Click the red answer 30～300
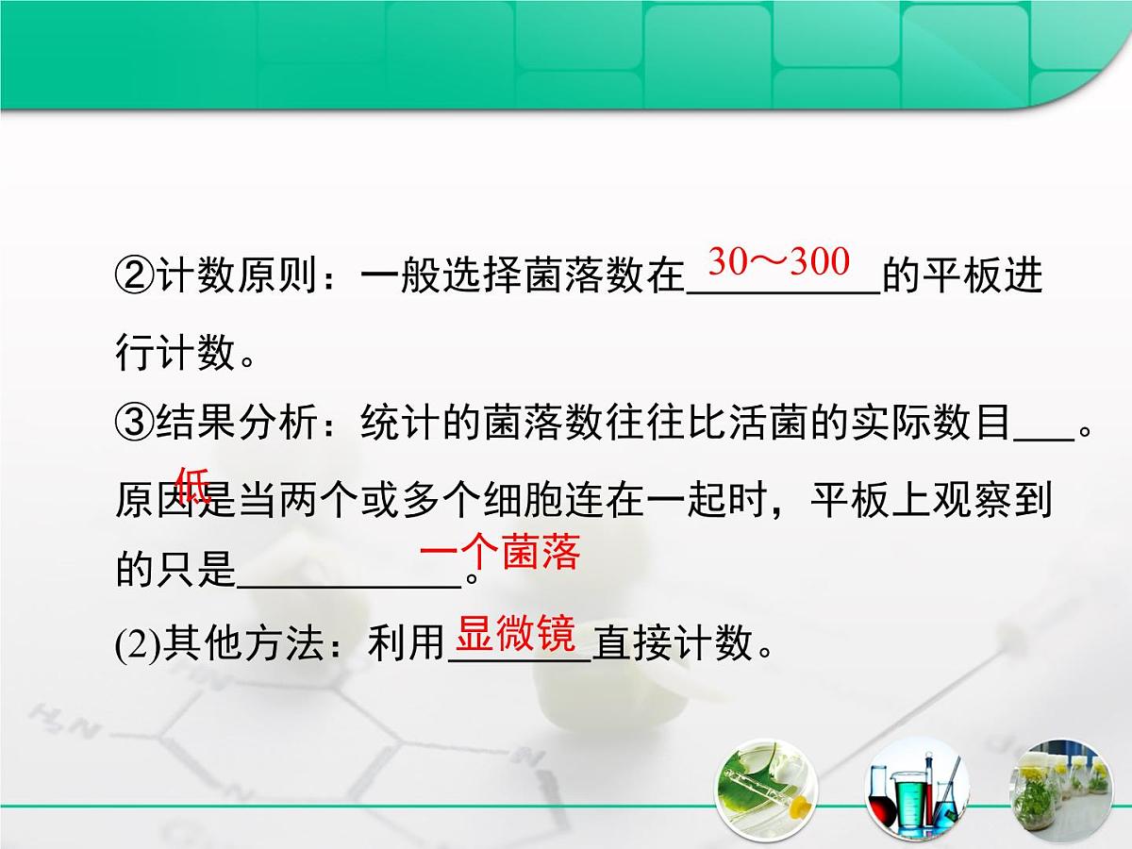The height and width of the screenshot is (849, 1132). pos(778,262)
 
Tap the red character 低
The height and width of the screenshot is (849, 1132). pos(193,485)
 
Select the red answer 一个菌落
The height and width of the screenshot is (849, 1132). pos(498,554)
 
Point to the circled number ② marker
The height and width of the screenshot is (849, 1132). pos(134,277)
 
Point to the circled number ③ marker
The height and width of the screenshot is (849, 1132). pos(134,425)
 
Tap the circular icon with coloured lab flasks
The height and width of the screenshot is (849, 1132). pos(911,789)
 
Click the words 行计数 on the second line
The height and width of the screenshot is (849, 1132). pos(174,353)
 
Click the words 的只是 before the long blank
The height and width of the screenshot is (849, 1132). pos(174,570)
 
